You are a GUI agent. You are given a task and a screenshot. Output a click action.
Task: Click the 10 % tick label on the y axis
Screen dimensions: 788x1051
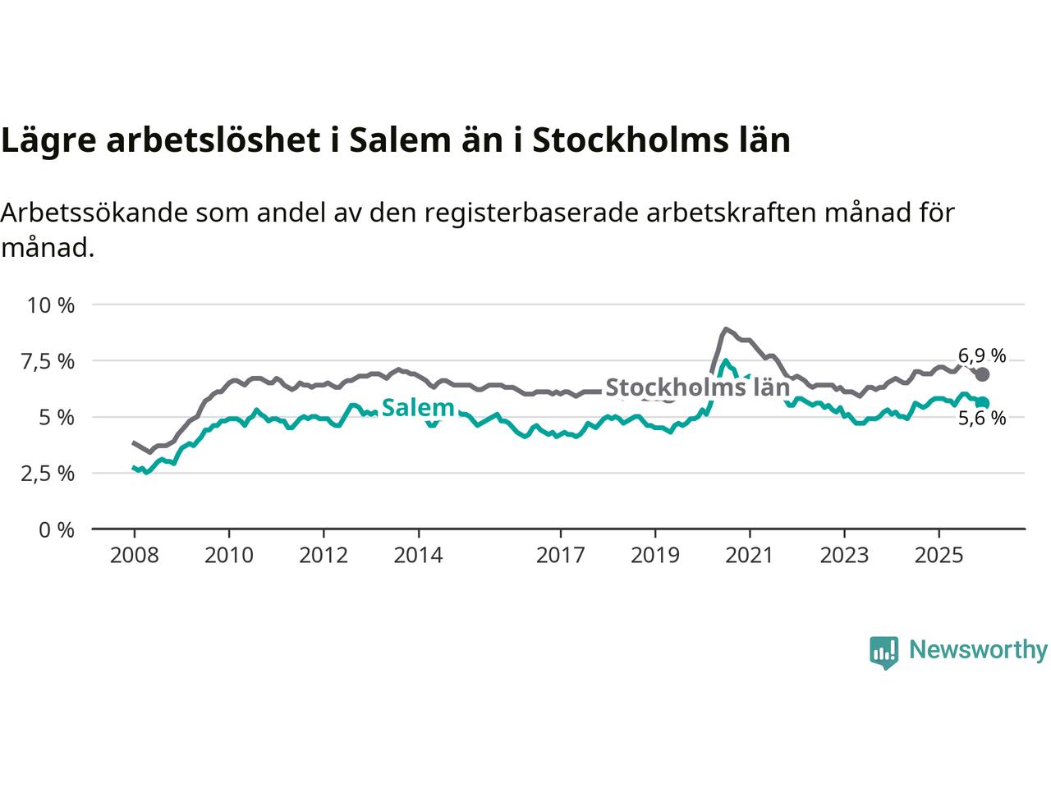pyautogui.click(x=51, y=305)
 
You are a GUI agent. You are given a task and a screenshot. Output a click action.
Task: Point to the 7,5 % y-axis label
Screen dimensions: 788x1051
pyautogui.click(x=51, y=361)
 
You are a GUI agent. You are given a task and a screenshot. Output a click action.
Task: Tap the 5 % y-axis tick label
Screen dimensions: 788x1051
pyautogui.click(x=58, y=418)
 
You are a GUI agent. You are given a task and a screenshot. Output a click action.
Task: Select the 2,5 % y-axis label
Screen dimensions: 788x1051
pyautogui.click(x=51, y=474)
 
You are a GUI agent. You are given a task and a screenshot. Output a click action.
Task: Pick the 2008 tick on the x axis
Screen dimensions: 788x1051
pyautogui.click(x=134, y=556)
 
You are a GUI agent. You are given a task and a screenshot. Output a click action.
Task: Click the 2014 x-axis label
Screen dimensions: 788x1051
pyautogui.click(x=418, y=556)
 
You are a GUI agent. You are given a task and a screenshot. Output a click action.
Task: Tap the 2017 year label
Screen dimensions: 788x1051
pyautogui.click(x=560, y=556)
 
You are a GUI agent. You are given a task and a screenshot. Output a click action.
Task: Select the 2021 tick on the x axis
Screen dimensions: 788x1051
pyautogui.click(x=750, y=556)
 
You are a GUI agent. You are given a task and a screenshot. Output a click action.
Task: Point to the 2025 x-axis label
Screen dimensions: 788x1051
pyautogui.click(x=939, y=556)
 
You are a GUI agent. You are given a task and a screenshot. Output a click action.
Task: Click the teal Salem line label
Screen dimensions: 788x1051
pyautogui.click(x=418, y=407)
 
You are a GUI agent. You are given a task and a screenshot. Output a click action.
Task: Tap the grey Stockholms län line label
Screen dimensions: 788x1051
pyautogui.click(x=697, y=387)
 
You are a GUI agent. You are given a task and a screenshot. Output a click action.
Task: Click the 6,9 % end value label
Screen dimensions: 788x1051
pyautogui.click(x=982, y=356)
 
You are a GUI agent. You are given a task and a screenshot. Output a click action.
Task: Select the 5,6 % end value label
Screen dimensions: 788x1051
pyautogui.click(x=982, y=419)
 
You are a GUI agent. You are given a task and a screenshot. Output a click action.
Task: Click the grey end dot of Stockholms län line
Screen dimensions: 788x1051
pyautogui.click(x=982, y=374)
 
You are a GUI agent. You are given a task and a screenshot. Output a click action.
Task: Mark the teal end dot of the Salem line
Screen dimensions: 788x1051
pyautogui.click(x=982, y=402)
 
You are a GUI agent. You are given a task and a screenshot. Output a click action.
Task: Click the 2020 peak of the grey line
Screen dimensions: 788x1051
pyautogui.click(x=725, y=329)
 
